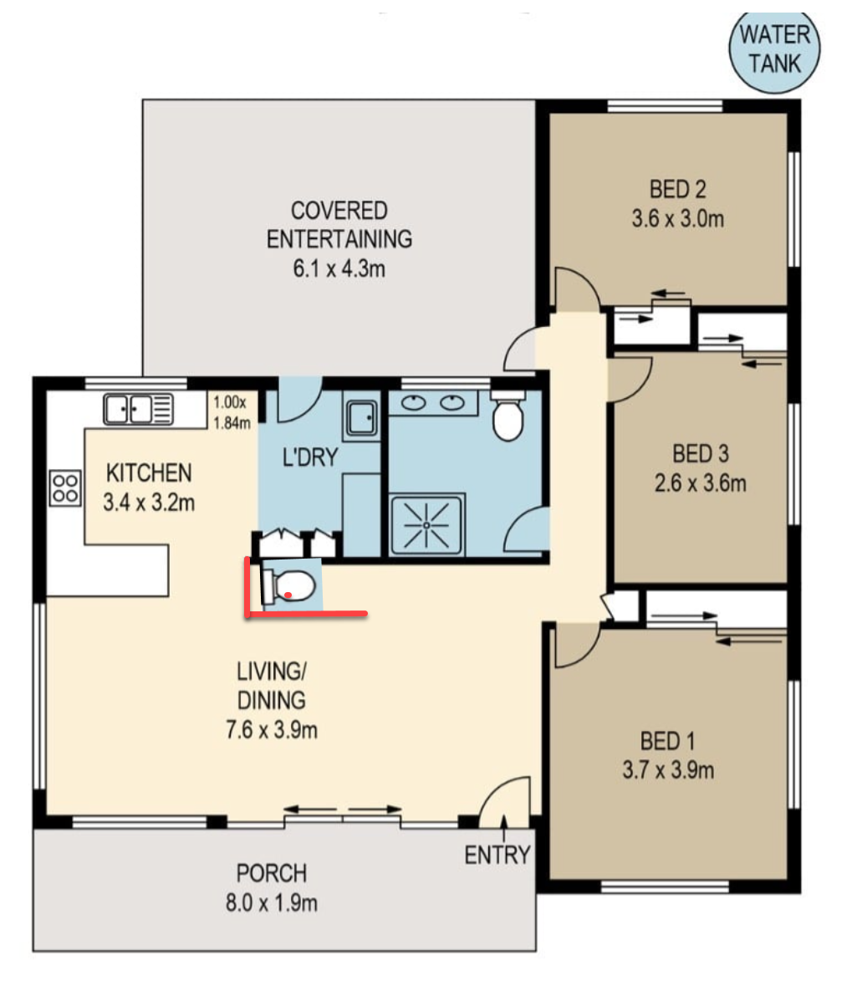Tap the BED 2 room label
coord(678,189)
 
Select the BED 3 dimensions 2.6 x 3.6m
coord(701,483)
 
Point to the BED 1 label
coord(668,741)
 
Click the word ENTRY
coord(497,856)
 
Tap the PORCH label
coord(272,873)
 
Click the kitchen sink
coord(138,409)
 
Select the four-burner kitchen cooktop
coord(65,488)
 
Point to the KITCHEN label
coord(149,473)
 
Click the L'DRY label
coord(310,457)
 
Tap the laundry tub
coord(361,417)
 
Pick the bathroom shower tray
coord(427,524)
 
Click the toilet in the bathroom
coord(508,415)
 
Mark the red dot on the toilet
coord(288,595)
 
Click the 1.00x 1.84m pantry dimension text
coord(232,412)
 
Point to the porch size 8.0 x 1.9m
coord(272,903)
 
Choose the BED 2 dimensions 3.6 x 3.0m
coord(678,219)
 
